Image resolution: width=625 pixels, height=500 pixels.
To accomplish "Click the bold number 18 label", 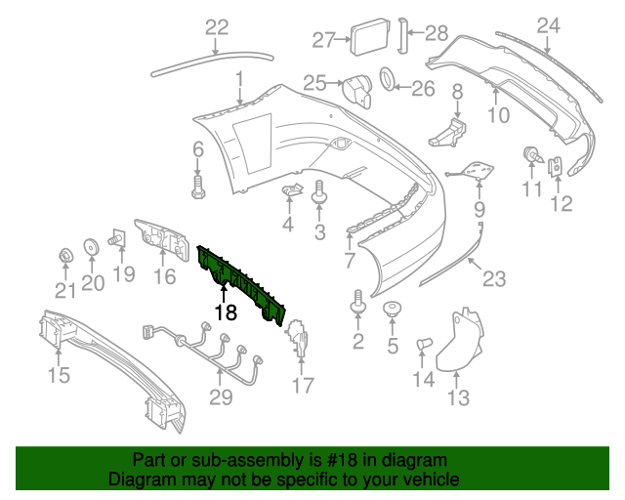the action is click(x=226, y=312).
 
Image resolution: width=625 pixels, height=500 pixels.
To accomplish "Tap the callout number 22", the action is click(x=216, y=27).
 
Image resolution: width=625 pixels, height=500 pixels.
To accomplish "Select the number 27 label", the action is click(x=323, y=40).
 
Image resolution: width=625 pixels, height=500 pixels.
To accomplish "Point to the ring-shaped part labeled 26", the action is click(x=388, y=79).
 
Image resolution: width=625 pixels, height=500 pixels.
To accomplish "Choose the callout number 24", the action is click(x=549, y=24).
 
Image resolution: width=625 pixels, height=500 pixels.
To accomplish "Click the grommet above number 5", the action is click(x=393, y=312).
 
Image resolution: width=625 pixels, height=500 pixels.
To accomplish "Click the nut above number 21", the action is click(x=64, y=257).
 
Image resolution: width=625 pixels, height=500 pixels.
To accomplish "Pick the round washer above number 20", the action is click(x=90, y=247).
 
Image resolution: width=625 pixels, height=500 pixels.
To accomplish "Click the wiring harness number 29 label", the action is click(x=221, y=397).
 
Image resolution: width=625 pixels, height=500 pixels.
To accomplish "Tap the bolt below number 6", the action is click(x=197, y=186).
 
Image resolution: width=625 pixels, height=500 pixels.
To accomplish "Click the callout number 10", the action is click(x=498, y=115).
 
